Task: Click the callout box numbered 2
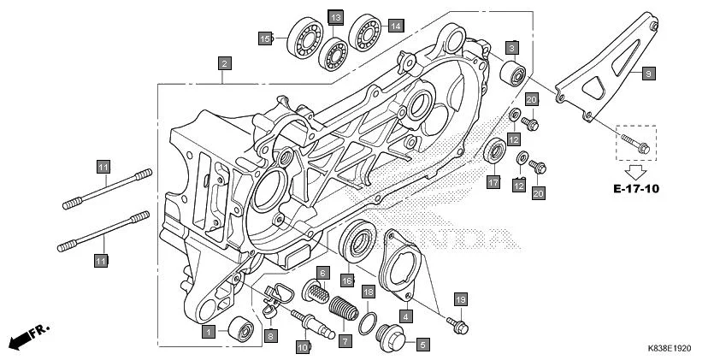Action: [x=223, y=63]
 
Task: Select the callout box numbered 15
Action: [x=266, y=38]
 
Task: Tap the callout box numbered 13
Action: [x=336, y=18]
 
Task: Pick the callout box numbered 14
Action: [x=395, y=26]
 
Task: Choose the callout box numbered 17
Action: [x=493, y=182]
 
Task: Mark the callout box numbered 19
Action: [x=461, y=299]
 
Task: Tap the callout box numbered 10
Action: [x=302, y=347]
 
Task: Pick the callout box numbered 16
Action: [x=347, y=280]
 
